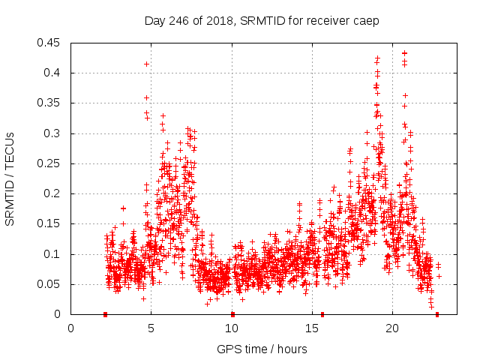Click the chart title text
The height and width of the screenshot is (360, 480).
(x=262, y=20)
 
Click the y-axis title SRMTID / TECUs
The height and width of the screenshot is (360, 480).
(x=10, y=178)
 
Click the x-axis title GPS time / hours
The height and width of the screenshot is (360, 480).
(x=262, y=349)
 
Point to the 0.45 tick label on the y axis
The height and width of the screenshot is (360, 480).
(x=50, y=43)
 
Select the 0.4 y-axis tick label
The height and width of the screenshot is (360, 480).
(x=53, y=73)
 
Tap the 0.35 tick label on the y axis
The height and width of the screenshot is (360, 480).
(x=50, y=103)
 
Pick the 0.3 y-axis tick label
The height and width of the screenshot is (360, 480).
(x=53, y=133)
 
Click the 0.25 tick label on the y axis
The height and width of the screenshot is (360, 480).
(x=50, y=163)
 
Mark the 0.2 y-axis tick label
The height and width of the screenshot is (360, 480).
(x=53, y=193)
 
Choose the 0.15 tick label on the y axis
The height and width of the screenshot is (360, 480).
(x=50, y=223)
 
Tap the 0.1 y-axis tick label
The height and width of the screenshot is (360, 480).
(x=53, y=254)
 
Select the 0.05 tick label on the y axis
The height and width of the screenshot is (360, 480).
(x=50, y=284)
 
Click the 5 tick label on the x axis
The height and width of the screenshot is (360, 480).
(x=151, y=328)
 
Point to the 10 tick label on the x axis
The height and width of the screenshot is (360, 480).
(x=232, y=328)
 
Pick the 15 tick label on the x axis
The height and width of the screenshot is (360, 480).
(x=312, y=328)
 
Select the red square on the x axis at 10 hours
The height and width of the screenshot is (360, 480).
(x=232, y=314)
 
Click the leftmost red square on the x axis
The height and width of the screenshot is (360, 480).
(x=105, y=314)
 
